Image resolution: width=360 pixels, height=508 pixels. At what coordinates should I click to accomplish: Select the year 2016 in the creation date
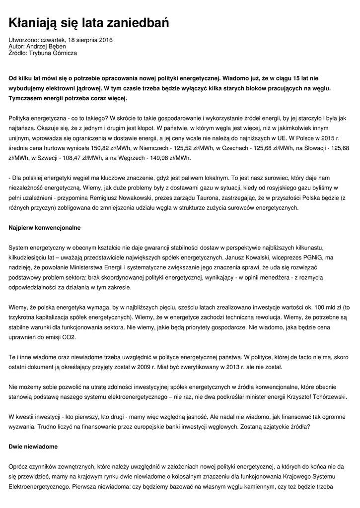pos(104,40)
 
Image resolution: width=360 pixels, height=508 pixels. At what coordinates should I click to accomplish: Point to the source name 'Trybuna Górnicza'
pos(53,53)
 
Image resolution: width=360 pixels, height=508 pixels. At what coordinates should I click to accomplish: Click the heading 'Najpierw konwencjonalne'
pos(45,227)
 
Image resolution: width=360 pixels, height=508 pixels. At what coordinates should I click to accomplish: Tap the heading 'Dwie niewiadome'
pos(33,446)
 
